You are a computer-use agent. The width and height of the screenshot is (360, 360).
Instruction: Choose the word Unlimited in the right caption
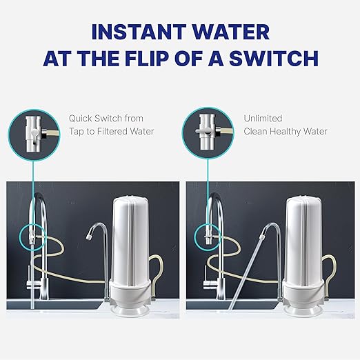(263, 119)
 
